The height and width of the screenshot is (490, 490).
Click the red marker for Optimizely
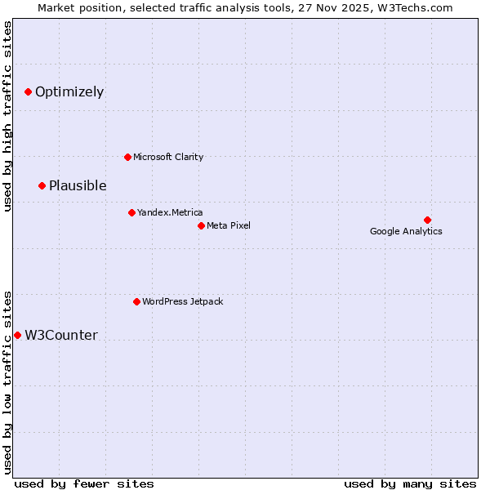(28, 92)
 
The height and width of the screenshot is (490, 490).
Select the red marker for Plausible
(42, 186)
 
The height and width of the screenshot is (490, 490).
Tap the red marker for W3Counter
(17, 336)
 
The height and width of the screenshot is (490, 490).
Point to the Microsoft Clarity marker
(127, 157)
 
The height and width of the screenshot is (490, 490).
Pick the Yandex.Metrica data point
(131, 212)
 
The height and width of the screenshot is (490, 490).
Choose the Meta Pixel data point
(201, 225)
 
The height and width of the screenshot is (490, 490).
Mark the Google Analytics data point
(427, 220)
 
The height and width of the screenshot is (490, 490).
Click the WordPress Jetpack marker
(136, 301)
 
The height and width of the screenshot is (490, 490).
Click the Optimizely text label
(69, 92)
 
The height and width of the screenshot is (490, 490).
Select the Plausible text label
(78, 186)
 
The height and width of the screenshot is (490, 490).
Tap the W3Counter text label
(61, 336)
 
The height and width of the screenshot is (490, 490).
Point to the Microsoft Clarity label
(168, 157)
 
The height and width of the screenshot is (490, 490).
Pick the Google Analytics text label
(406, 231)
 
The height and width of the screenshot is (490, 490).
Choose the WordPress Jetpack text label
(182, 301)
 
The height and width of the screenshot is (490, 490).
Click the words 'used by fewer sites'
(84, 483)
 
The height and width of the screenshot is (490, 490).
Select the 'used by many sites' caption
(410, 483)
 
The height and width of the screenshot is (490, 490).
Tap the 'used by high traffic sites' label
(7, 117)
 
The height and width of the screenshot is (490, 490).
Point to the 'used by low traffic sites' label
(7, 381)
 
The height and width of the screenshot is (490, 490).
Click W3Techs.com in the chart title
(421, 7)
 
